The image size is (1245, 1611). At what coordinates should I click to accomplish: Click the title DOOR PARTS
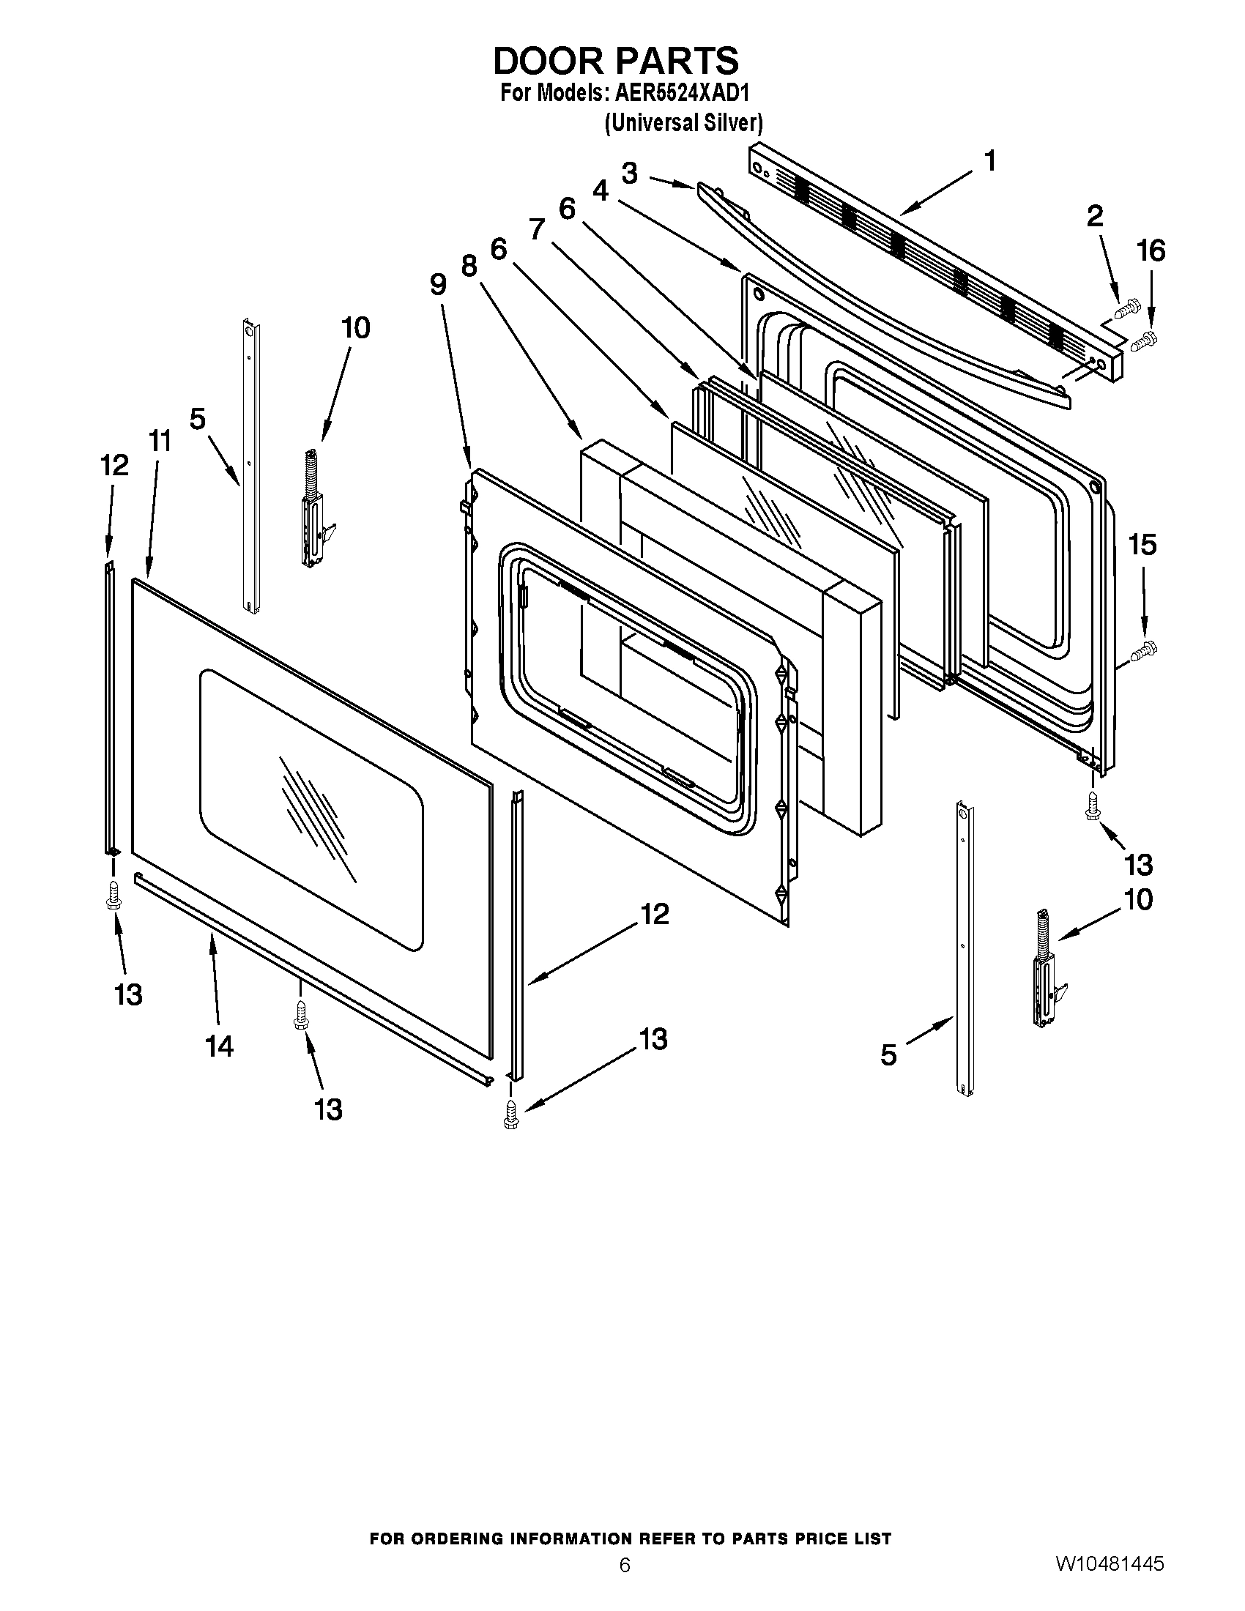coord(615,61)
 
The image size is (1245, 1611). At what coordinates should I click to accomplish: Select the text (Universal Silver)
coord(683,122)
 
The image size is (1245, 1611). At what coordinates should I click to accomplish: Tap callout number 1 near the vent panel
coord(990,160)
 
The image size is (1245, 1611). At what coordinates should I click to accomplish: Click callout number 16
coord(1151,251)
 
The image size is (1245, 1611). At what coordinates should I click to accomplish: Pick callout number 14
coord(219,1046)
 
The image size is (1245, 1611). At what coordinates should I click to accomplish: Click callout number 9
coord(438,284)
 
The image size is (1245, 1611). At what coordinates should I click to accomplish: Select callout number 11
coord(160,441)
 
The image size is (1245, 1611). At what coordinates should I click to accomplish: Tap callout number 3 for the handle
coord(629,174)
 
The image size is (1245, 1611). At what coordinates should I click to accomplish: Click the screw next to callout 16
coord(1144,340)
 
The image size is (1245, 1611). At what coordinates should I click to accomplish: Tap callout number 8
coord(469,265)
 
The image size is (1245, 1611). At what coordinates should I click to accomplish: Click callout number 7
coord(536,230)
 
